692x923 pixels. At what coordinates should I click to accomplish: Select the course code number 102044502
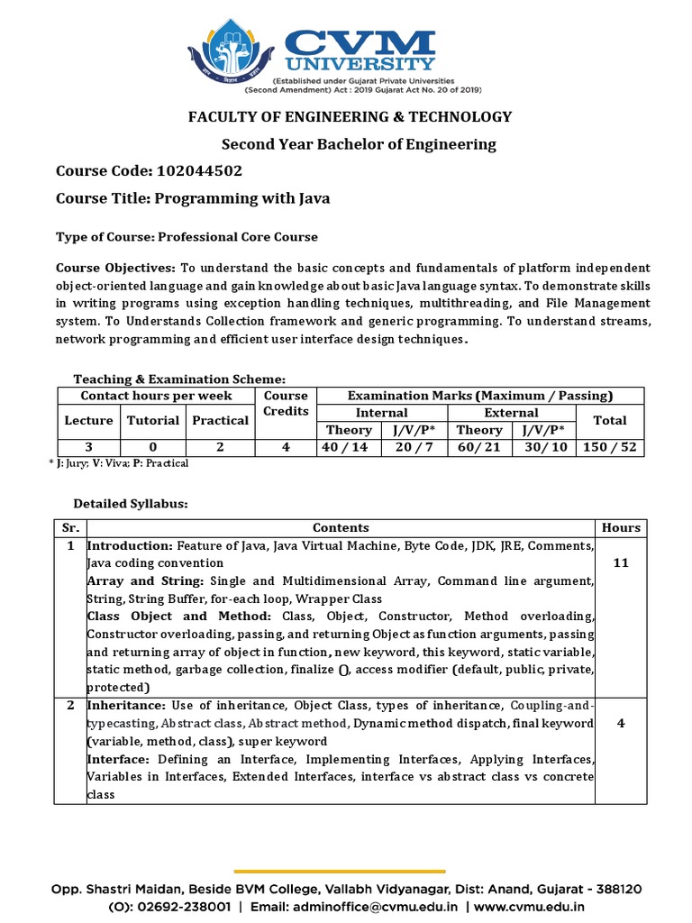click(199, 170)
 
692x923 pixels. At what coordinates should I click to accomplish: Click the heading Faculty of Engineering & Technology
click(349, 116)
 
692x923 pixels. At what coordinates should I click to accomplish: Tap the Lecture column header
click(88, 420)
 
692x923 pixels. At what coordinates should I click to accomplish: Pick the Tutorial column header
click(153, 420)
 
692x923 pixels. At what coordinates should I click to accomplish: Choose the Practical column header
click(221, 420)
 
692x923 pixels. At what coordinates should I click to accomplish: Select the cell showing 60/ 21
click(479, 448)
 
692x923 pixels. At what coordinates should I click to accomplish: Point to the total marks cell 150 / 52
click(610, 448)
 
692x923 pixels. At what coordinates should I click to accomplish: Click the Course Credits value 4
click(286, 448)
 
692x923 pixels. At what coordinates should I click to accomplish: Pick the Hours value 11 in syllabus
click(620, 563)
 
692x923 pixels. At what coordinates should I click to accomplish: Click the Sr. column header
click(70, 527)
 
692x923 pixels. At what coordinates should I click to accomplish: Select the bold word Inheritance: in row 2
click(126, 704)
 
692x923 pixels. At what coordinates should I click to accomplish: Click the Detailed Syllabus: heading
click(130, 503)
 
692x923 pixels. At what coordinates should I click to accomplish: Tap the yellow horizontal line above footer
click(340, 872)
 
